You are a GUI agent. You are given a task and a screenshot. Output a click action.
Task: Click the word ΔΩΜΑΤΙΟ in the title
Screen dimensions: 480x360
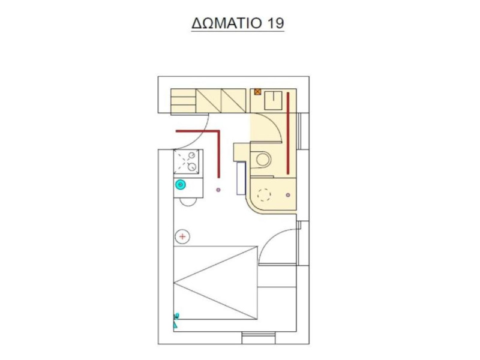point(227,23)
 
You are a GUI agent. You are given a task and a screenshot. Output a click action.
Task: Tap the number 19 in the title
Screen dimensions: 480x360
point(275,23)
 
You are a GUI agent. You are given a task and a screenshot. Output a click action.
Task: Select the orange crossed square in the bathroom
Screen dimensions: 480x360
point(258,92)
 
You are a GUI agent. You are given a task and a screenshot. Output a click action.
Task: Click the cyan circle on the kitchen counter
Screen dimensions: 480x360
point(181,185)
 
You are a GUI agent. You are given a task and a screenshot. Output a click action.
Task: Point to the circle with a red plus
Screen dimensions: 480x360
point(182,236)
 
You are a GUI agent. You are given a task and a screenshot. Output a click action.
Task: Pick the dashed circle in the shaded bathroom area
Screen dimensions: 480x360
point(264,194)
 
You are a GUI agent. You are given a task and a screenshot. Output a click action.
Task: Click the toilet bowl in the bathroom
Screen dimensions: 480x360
point(263,160)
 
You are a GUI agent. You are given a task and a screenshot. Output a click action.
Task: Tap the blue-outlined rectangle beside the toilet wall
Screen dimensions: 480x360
point(241,178)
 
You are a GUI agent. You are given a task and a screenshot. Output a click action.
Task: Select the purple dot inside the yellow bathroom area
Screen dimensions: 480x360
point(288,195)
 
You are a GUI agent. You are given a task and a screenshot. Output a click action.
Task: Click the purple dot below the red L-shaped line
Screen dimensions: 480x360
point(218,190)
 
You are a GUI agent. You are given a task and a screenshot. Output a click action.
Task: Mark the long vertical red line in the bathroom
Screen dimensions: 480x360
point(288,133)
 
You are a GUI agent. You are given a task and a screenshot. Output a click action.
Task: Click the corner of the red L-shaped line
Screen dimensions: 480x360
point(218,131)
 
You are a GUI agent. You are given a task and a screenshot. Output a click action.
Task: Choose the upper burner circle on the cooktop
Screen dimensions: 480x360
point(191,155)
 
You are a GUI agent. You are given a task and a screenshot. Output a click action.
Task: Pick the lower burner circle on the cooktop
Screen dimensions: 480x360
point(192,167)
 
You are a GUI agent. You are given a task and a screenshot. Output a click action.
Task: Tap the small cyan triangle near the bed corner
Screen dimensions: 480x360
point(175,325)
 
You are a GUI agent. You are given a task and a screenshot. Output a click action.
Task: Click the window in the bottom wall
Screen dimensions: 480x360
point(259,338)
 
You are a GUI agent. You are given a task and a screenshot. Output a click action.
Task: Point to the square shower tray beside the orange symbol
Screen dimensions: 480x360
point(274,101)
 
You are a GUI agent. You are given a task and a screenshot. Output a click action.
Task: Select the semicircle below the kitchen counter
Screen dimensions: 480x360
point(188,202)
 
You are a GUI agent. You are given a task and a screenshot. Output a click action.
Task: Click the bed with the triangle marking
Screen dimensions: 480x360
point(215,283)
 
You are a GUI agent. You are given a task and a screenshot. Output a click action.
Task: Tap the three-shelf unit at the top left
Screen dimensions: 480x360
point(183,101)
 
